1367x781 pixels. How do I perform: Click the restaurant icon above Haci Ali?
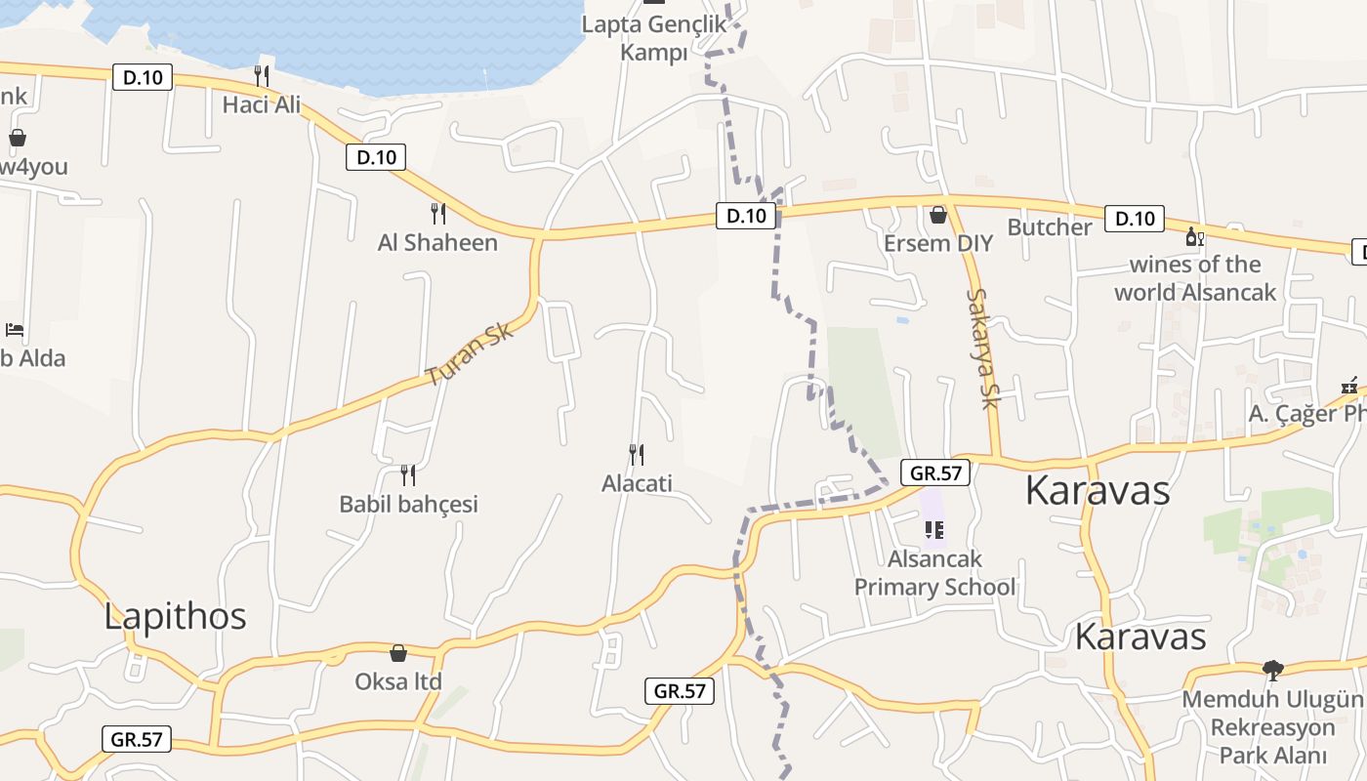pos(261,75)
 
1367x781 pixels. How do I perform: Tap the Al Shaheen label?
pos(437,242)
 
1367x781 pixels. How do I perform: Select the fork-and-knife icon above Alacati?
pos(636,454)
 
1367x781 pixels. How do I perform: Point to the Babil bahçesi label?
pos(408,504)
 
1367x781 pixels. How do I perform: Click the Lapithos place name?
pos(175,616)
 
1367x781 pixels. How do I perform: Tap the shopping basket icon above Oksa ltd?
pos(398,652)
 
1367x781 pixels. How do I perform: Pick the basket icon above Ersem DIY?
pos(938,214)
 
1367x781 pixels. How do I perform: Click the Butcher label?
pos(1050,227)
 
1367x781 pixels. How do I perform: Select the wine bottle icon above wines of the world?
pos(1193,236)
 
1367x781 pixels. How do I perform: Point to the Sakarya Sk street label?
pos(985,349)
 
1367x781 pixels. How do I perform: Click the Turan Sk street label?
pos(470,354)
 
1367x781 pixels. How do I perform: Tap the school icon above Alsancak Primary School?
pos(934,530)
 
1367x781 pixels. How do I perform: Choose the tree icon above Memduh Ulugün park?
pos(1272,670)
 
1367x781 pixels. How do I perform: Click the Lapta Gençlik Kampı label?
pos(654,37)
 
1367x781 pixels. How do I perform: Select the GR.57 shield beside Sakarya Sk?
pos(935,473)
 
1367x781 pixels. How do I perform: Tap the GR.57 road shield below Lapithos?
pos(137,739)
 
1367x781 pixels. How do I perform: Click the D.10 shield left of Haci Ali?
pos(143,77)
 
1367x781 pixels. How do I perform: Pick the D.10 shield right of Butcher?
pos(1135,219)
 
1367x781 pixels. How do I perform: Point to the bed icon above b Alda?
pos(15,329)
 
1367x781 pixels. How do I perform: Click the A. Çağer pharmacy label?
pos(1306,413)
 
